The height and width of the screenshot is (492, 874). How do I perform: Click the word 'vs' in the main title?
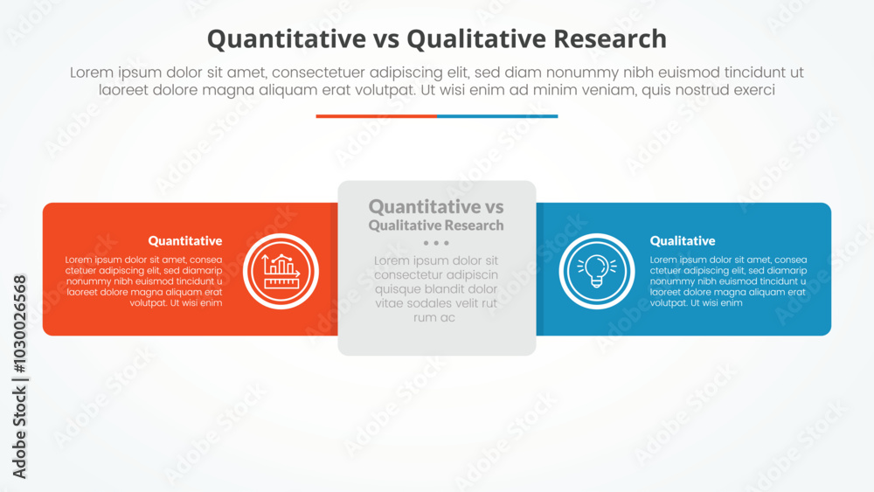click(x=382, y=38)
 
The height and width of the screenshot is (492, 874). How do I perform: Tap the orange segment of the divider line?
click(x=376, y=115)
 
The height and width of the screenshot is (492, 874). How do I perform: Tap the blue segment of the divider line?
click(x=497, y=115)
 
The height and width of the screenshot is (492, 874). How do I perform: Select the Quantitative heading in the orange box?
click(x=184, y=240)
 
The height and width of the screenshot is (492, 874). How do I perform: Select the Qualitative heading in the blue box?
click(x=683, y=240)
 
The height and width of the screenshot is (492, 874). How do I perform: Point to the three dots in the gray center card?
click(x=436, y=243)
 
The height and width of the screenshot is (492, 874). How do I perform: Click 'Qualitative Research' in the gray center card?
click(x=436, y=225)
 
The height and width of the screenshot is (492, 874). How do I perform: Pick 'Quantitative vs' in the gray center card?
click(x=436, y=206)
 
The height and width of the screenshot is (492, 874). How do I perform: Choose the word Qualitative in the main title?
click(x=470, y=38)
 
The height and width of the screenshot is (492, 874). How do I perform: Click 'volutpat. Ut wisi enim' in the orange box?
click(x=176, y=303)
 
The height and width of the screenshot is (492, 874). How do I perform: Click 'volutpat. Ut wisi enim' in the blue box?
click(x=696, y=303)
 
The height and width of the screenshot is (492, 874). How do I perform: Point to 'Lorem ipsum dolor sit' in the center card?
click(x=436, y=260)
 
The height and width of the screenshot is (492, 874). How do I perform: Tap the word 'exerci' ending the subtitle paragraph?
click(x=752, y=90)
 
